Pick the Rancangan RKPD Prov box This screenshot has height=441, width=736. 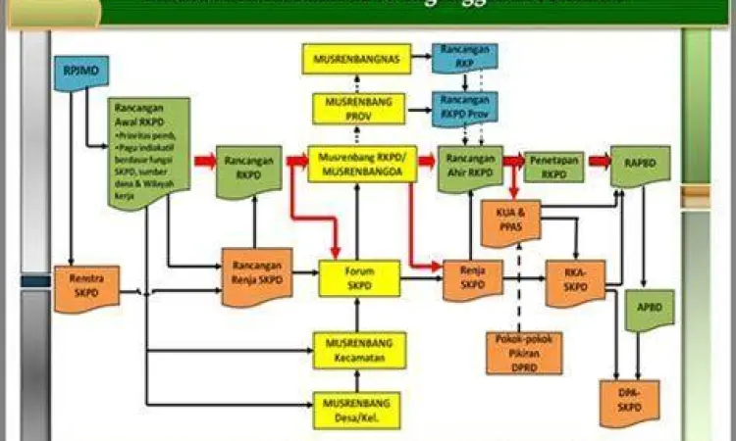(464, 105)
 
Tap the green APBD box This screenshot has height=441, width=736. (646, 310)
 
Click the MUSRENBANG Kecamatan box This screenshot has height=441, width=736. (358, 350)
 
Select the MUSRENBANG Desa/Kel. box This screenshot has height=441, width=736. (358, 411)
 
